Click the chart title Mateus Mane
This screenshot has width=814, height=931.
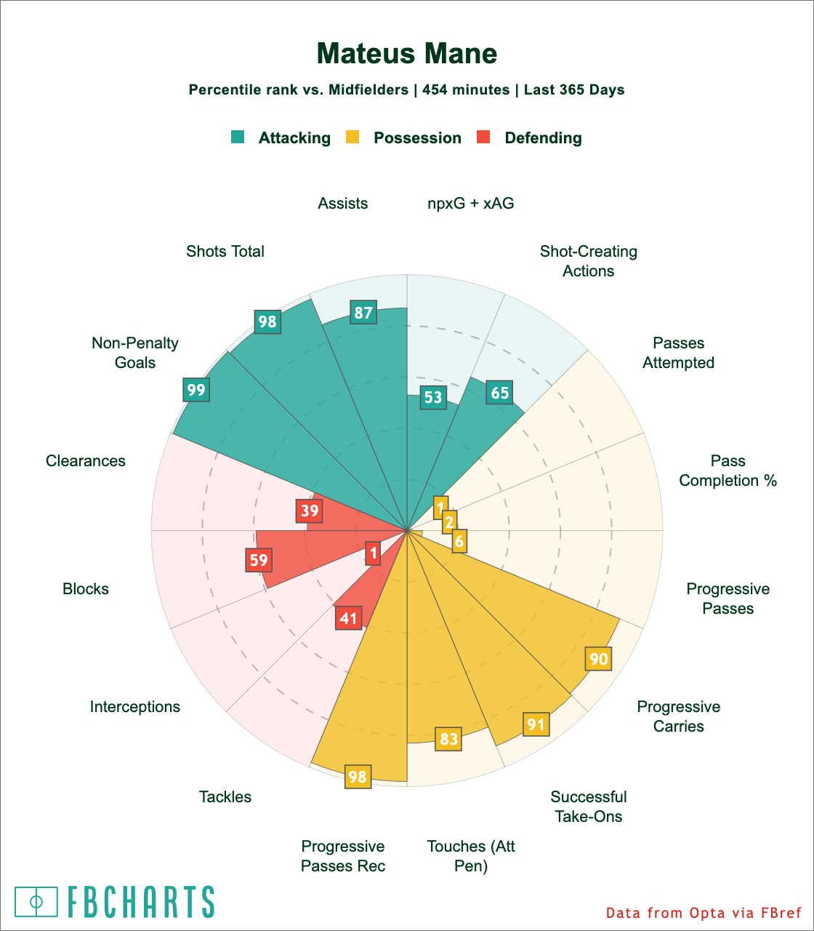407,54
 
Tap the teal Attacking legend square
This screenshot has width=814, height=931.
238,137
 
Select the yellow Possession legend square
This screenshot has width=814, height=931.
352,137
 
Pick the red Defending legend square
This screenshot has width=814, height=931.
483,137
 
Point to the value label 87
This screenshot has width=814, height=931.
363,313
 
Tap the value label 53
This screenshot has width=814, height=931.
433,397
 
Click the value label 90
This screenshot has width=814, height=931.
599,660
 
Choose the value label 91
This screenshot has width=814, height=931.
536,724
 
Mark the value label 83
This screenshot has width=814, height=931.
448,739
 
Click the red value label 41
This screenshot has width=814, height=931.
349,618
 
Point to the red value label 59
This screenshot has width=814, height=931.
259,561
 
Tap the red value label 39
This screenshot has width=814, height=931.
310,511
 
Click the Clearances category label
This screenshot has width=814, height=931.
86,461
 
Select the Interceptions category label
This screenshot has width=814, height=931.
135,707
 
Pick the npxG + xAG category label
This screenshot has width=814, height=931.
470,204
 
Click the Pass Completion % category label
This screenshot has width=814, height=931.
728,471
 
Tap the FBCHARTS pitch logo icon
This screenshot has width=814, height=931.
36,902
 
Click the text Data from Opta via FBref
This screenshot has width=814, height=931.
704,913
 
